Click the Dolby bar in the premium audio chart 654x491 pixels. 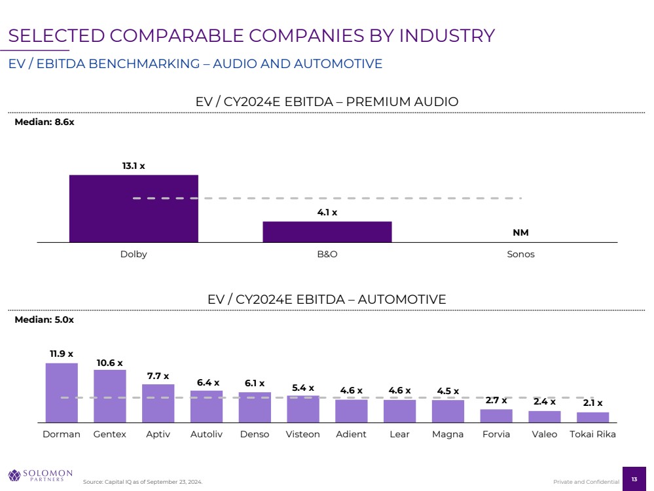pyautogui.click(x=134, y=208)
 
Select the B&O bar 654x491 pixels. pyautogui.click(x=327, y=232)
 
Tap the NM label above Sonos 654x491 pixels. pyautogui.click(x=520, y=233)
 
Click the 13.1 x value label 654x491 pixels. pyautogui.click(x=134, y=166)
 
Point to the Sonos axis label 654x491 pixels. pyautogui.click(x=520, y=255)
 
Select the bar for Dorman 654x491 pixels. pyautogui.click(x=62, y=392)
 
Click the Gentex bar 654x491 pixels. pyautogui.click(x=110, y=395)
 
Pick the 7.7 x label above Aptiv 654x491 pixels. pyautogui.click(x=157, y=376)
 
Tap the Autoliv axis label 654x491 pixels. pyautogui.click(x=206, y=434)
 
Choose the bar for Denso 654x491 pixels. pyautogui.click(x=255, y=407)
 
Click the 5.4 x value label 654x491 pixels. pyautogui.click(x=303, y=388)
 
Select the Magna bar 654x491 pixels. pyautogui.click(x=448, y=410)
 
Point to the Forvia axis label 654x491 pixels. pyautogui.click(x=496, y=434)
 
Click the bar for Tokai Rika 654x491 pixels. pyautogui.click(x=592, y=417)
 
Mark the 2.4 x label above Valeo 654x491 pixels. pyautogui.click(x=544, y=402)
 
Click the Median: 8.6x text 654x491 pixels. pyautogui.click(x=45, y=122)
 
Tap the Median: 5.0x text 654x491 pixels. pyautogui.click(x=45, y=320)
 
